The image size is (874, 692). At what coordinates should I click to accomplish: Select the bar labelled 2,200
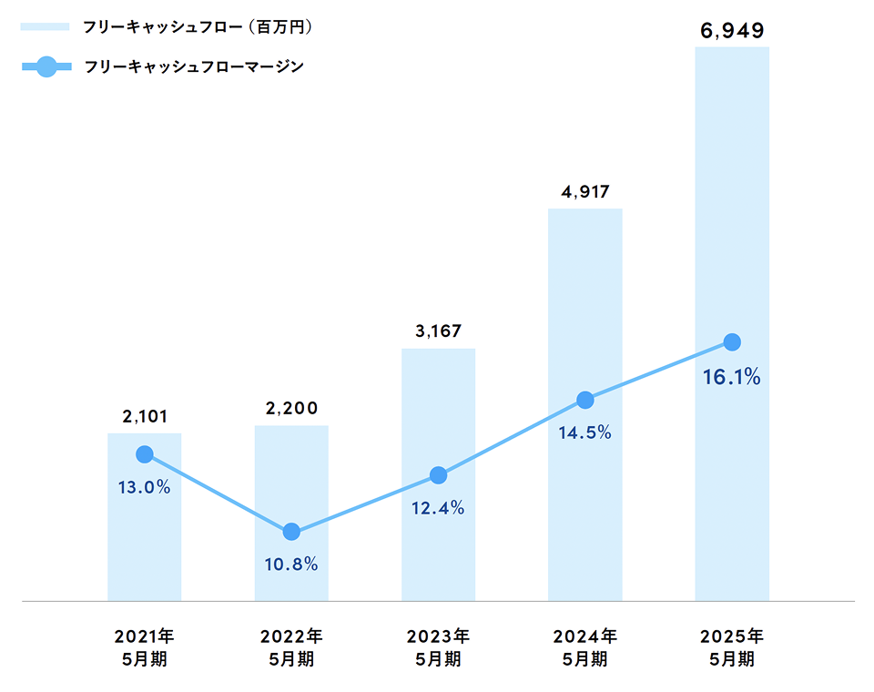click(291, 473)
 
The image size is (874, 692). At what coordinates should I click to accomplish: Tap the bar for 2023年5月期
click(438, 546)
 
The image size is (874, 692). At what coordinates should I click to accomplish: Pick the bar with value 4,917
click(585, 510)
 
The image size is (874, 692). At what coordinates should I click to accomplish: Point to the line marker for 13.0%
click(144, 454)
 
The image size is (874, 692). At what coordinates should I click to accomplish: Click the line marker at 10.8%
click(291, 532)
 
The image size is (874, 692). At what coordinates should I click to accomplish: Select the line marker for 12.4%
click(438, 475)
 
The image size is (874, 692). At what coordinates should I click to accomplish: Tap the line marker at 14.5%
click(585, 400)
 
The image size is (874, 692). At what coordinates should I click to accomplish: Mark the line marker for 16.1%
click(732, 342)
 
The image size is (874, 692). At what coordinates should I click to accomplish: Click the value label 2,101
click(144, 417)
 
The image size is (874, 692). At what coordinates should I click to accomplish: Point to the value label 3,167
click(438, 331)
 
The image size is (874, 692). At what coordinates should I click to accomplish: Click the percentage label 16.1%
click(732, 376)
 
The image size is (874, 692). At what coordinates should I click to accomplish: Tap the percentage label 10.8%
click(291, 565)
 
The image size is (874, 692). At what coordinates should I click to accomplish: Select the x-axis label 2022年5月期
click(291, 646)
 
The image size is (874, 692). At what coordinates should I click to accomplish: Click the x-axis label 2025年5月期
click(732, 646)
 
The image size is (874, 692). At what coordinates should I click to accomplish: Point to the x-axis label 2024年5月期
click(585, 646)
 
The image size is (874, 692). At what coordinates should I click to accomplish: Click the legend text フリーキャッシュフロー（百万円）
click(197, 27)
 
